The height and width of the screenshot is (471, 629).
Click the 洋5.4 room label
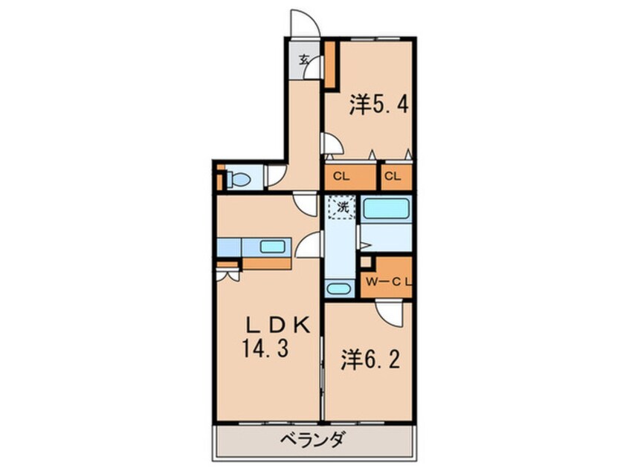tap(378, 105)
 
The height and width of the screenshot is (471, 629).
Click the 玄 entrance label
tap(304, 61)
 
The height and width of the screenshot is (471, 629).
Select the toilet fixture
tap(238, 179)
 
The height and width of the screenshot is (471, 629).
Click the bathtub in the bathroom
tap(387, 209)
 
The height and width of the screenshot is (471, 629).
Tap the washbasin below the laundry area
tap(339, 289)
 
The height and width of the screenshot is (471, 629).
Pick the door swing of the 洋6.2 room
tap(390, 312)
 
